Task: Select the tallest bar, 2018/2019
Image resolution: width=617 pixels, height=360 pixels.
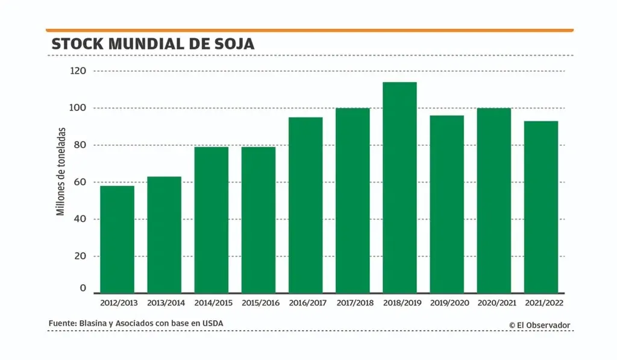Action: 399,188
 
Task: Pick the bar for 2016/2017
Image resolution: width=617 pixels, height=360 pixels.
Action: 305,205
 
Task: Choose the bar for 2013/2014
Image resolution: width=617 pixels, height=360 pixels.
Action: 164,235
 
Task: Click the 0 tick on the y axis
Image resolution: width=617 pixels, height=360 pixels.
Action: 83,289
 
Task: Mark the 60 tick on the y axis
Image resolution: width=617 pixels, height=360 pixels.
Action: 80,182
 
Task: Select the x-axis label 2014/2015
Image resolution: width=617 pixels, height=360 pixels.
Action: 211,303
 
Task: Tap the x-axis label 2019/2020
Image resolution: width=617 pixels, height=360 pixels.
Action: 446,303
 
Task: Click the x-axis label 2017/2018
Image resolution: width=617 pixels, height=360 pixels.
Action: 352,303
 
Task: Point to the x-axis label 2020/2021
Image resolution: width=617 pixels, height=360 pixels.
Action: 493,303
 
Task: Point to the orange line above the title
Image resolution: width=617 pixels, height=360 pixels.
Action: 309,30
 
